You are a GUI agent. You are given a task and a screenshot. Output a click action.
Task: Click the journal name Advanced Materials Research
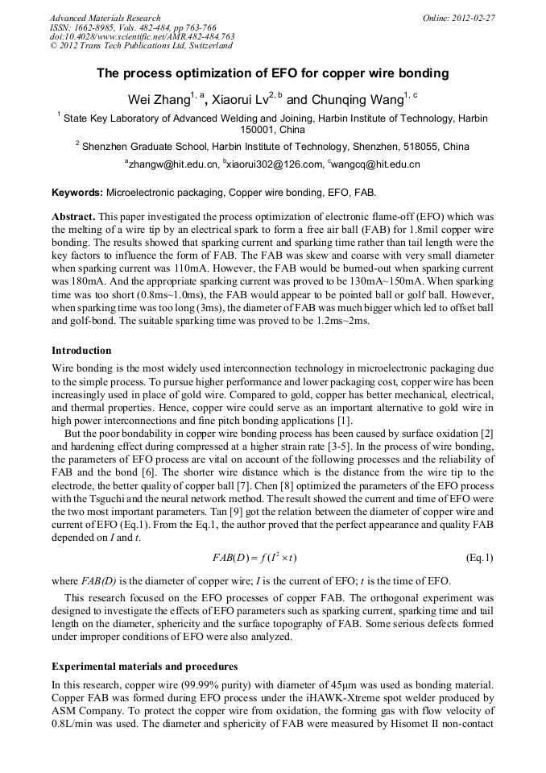pos(105,18)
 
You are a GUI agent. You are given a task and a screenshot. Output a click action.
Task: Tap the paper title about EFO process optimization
pos(272,73)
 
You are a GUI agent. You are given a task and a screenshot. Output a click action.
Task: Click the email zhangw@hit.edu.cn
pos(173,164)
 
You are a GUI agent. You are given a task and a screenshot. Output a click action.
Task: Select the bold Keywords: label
pos(77,193)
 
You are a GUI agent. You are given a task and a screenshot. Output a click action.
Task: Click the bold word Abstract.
pos(73,218)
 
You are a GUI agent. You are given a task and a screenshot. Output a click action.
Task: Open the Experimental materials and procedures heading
pos(144,667)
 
